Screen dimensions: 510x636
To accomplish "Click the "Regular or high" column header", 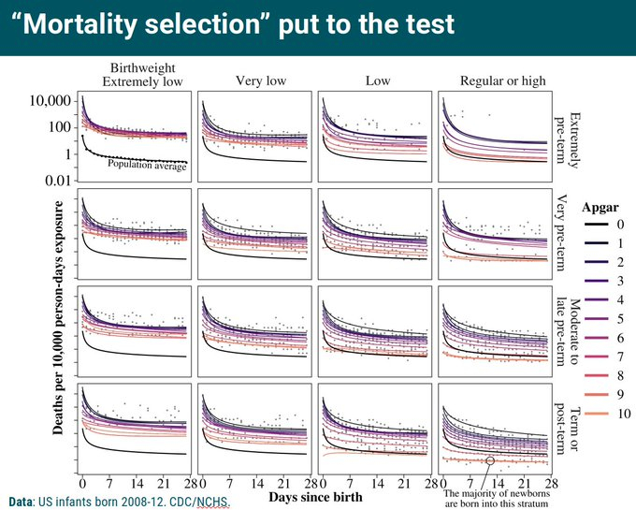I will point(502,81).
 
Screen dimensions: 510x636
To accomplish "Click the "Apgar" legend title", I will point(599,206).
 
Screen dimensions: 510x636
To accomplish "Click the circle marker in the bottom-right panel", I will point(491,460).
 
